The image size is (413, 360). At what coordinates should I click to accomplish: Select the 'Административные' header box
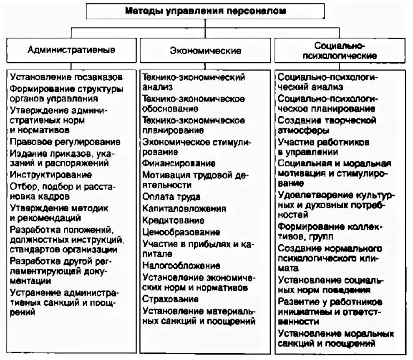71,50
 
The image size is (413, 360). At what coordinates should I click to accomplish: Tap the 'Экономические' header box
206,51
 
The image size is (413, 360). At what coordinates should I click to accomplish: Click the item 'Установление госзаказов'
66,77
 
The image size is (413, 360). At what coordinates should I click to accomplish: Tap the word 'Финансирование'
179,163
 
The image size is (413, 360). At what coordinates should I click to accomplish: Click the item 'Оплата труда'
171,196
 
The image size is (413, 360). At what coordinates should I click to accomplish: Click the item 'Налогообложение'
181,266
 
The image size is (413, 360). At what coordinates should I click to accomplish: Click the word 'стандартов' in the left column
32,250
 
